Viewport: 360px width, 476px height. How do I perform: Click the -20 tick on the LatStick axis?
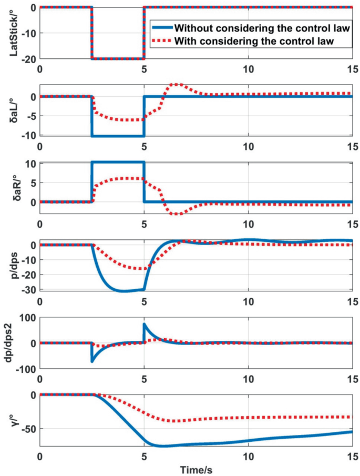28,59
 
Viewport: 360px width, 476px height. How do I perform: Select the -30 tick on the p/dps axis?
28,289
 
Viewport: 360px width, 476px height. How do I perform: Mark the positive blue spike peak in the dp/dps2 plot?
144,325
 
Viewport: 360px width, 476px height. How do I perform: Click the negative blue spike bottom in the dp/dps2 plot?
92,361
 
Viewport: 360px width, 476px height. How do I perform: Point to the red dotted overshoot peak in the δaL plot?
177,84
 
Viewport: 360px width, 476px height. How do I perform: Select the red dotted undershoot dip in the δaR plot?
177,214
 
